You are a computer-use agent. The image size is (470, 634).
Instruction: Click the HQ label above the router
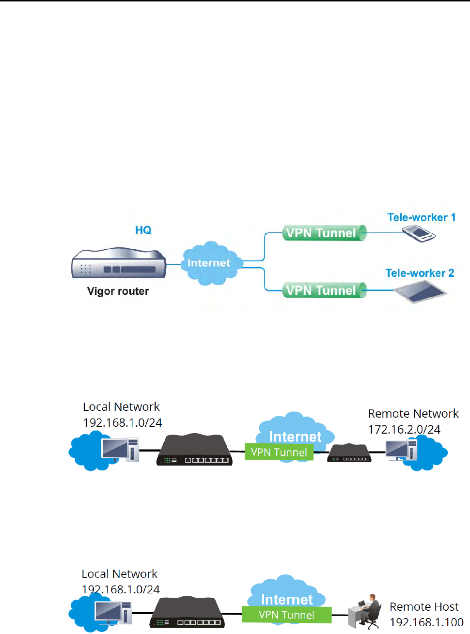[x=143, y=230]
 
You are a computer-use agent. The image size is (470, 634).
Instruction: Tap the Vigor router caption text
[x=118, y=291]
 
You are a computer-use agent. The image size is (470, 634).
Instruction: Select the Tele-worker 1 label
[x=421, y=217]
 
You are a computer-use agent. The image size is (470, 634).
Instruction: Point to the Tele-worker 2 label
[x=420, y=273]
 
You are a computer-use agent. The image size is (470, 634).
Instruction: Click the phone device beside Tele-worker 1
[x=419, y=233]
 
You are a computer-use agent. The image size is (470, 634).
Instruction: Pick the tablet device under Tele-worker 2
[x=420, y=291]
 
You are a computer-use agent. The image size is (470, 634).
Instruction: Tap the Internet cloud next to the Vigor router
[x=209, y=263]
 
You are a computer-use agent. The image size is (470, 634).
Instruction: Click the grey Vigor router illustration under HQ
[x=118, y=263]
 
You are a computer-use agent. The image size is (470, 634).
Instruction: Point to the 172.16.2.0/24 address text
[x=404, y=429]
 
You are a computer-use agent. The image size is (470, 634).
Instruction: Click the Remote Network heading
[x=413, y=413]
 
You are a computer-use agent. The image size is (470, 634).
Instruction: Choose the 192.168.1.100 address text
[x=426, y=622]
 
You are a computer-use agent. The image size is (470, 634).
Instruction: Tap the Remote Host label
[x=424, y=606]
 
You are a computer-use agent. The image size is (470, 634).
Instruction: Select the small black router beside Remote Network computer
[x=349, y=454]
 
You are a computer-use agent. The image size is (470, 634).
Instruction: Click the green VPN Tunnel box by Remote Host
[x=286, y=615]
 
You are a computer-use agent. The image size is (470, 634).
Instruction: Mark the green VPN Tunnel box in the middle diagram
[x=279, y=452]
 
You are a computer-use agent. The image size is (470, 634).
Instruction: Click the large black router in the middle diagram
[x=195, y=451]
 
